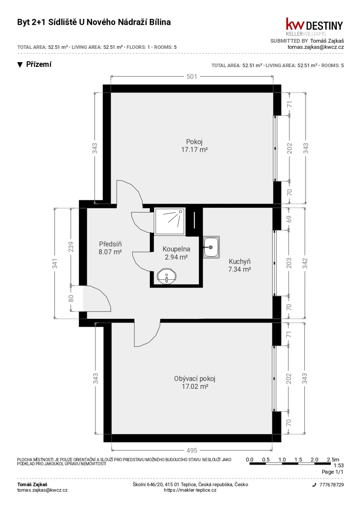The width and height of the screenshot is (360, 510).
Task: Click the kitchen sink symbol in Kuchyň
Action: [211, 247]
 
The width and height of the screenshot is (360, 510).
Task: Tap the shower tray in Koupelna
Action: [170, 221]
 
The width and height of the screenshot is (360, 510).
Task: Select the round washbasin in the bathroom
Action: [167, 276]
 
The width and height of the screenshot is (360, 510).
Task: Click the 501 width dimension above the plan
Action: [191, 76]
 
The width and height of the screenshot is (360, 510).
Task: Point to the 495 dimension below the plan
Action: [191, 450]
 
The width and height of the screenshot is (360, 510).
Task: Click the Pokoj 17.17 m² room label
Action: [194, 146]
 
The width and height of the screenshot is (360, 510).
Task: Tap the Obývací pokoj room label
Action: [195, 382]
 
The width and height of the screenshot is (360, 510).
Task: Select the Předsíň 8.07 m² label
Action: [110, 248]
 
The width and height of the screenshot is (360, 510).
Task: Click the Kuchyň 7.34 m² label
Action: [240, 265]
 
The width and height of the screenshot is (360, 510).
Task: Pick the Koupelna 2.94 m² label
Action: [177, 253]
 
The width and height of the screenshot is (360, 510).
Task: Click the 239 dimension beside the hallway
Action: [71, 247]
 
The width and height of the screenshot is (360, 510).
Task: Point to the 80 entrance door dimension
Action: [71, 298]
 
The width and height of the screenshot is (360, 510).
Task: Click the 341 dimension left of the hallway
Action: [55, 263]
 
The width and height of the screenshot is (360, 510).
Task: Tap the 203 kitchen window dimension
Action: [289, 263]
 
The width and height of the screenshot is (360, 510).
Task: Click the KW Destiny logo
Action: [314, 27]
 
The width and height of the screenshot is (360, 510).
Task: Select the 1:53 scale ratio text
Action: [339, 466]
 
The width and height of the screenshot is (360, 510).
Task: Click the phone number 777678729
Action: [331, 485]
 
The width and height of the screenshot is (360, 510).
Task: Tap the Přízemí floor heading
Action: [39, 64]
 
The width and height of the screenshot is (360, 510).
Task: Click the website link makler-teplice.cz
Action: [190, 490]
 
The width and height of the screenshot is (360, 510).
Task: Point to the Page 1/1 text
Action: [332, 472]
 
